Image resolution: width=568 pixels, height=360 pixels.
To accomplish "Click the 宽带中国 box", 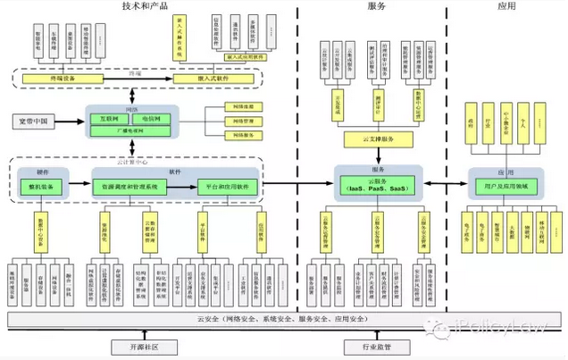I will (x=37, y=120).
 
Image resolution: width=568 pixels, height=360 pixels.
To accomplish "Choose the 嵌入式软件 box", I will (x=210, y=79).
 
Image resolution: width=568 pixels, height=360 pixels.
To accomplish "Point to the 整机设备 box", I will (x=41, y=187).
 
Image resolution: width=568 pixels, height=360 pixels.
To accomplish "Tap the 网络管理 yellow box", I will (x=241, y=121).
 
